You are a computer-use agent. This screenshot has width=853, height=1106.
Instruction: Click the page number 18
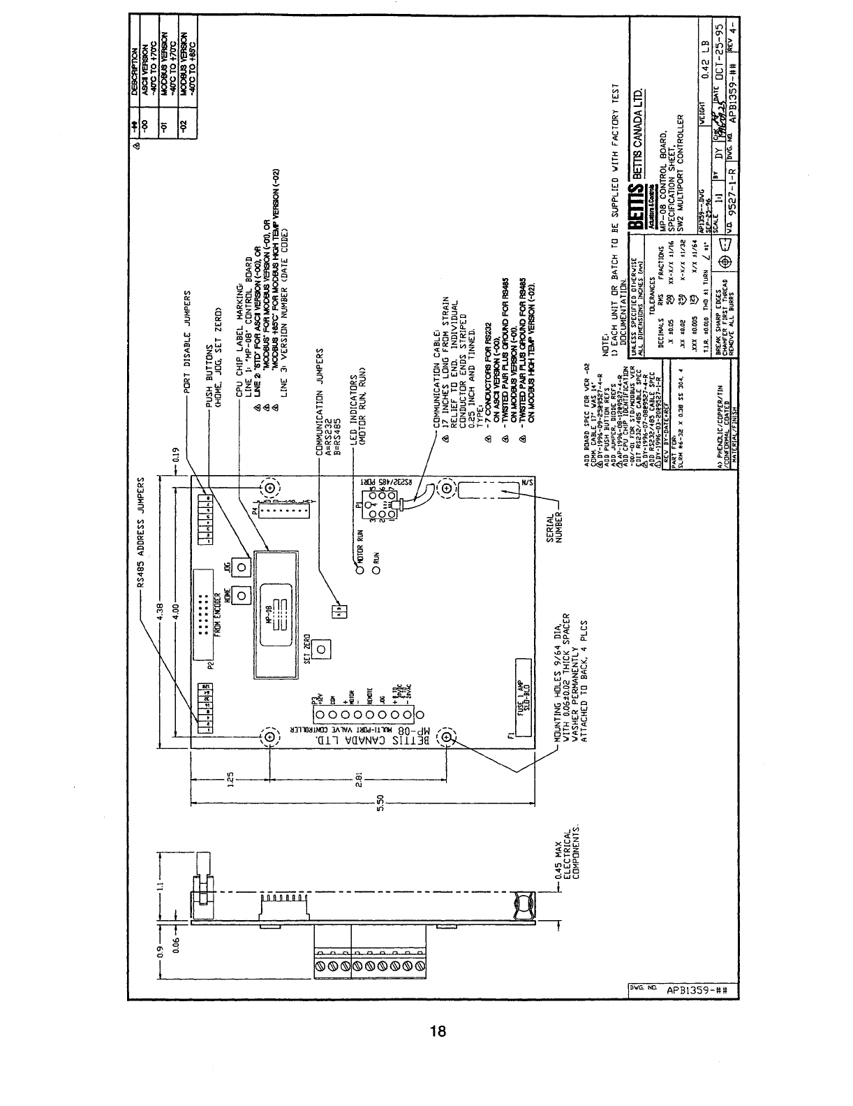click(438, 1031)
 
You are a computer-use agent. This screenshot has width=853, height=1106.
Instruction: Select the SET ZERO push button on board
click(320, 650)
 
